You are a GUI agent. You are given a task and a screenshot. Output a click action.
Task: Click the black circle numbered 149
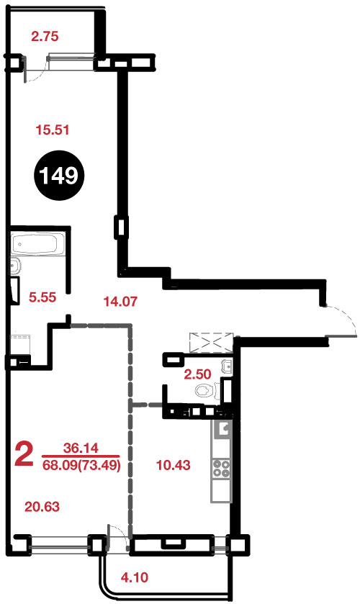coord(59,176)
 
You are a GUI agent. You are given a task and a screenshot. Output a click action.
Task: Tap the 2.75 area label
coord(45,37)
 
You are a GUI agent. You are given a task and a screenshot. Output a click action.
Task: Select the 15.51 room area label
coord(53,130)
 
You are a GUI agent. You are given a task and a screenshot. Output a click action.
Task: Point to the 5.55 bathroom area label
coord(42,297)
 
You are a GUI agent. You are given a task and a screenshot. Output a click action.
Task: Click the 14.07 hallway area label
coord(120,301)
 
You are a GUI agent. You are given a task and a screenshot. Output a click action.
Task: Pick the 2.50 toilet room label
coord(197,374)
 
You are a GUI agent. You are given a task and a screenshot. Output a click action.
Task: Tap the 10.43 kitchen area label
coord(174,465)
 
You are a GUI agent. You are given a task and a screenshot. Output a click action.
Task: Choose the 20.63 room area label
coord(42,507)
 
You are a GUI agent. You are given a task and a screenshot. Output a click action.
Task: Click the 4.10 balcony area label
coord(135,577)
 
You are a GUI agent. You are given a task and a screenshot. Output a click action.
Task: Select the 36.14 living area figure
coord(81,448)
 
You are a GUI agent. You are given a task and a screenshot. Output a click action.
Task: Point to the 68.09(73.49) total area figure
coord(81,465)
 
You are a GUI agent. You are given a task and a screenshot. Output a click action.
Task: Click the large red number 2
coord(24,454)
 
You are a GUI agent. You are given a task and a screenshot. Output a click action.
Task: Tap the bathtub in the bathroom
coord(35,244)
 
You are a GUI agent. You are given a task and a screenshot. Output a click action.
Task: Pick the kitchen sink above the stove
coord(222,428)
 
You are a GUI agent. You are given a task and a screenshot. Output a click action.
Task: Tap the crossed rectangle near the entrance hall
coord(211,342)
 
